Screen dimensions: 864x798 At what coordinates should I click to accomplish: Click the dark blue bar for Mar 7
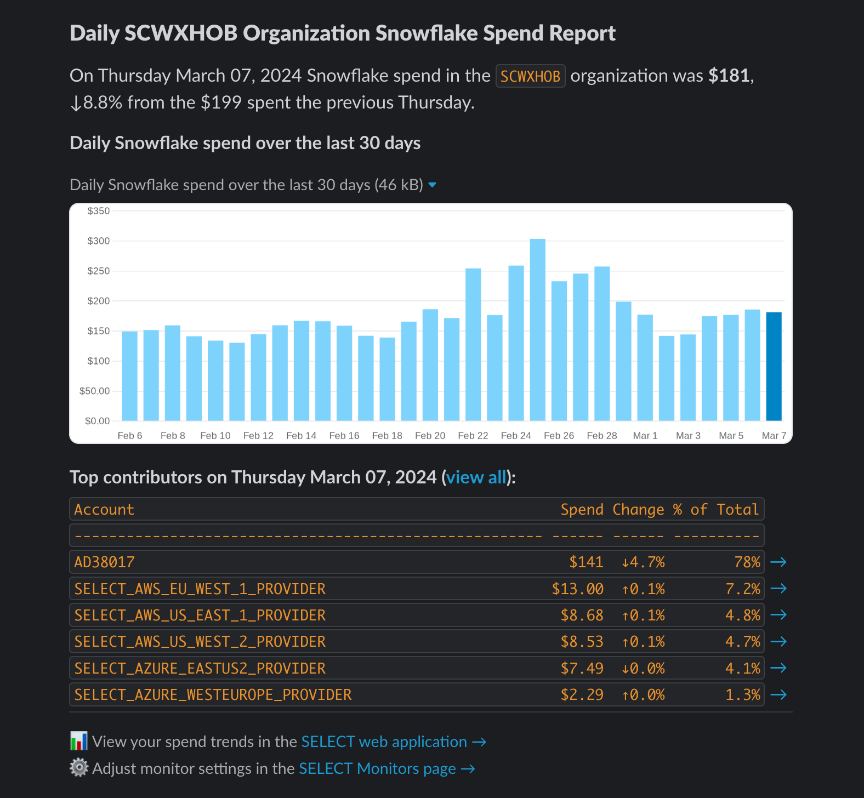coord(774,367)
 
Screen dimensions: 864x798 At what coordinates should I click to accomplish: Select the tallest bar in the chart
coord(538,330)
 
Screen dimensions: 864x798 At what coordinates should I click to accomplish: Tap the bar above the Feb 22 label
coord(473,345)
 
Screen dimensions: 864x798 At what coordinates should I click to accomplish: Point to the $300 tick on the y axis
coord(99,241)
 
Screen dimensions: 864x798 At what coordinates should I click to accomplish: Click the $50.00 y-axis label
coord(95,391)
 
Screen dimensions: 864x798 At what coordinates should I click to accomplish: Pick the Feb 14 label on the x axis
coord(302,436)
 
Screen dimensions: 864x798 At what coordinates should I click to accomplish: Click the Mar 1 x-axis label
coord(645,436)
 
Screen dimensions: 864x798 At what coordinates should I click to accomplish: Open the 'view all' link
coord(476,477)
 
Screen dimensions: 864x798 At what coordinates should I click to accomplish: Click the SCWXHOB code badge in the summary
coord(530,76)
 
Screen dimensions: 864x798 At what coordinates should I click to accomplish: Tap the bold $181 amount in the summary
coord(729,76)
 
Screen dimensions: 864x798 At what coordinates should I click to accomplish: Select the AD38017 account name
coord(105,562)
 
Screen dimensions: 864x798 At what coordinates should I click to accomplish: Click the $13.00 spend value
coord(578,589)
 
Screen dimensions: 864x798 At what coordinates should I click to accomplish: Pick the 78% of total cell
coord(747,562)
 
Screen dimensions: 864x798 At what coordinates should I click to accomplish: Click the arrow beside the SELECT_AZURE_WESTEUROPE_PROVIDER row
coord(778,695)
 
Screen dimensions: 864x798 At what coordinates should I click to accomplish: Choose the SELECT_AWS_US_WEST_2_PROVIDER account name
coord(200,642)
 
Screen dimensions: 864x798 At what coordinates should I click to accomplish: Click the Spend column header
coord(582,510)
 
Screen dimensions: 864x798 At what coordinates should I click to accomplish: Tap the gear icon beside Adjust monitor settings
coord(79,768)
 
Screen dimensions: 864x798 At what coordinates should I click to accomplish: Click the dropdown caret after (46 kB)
coord(433,185)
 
